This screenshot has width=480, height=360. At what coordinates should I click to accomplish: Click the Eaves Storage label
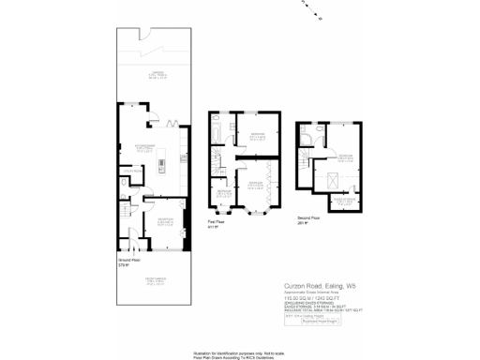(345, 200)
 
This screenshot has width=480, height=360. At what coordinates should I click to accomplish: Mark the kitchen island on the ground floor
(161, 165)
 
